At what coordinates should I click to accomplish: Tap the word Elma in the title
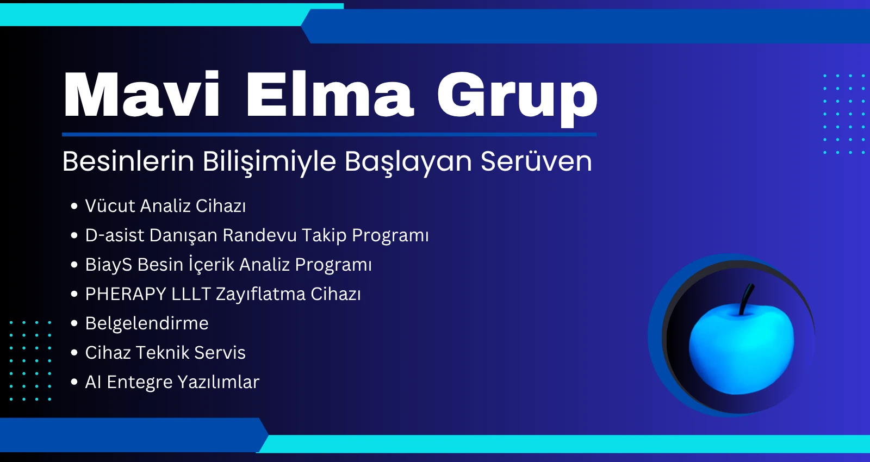click(330, 94)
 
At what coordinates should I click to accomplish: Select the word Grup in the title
click(517, 98)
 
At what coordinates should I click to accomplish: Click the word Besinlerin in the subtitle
click(128, 161)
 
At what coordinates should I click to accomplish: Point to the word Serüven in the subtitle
click(536, 161)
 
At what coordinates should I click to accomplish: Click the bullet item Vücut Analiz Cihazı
click(165, 206)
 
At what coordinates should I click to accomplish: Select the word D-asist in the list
click(115, 235)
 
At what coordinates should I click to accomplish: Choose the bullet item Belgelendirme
click(147, 323)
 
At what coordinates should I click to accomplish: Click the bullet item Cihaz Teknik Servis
click(165, 353)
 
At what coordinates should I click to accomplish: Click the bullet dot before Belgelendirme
click(74, 323)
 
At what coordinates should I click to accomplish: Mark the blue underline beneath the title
click(330, 135)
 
